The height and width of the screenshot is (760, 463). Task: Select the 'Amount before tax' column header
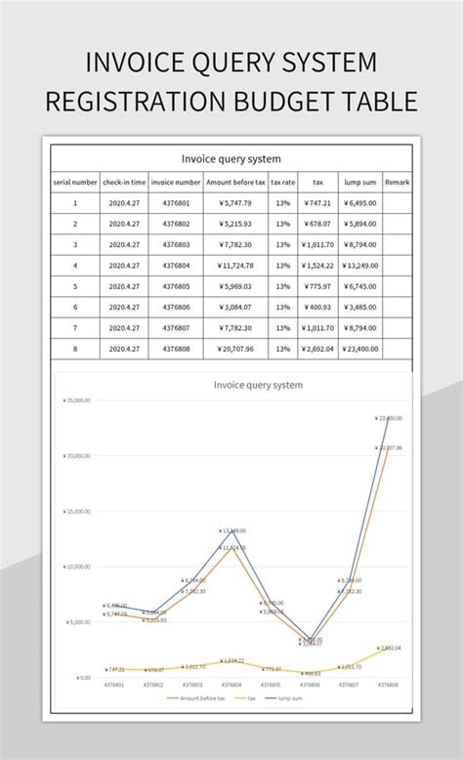[x=235, y=182]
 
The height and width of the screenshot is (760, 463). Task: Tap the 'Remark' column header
[x=398, y=182]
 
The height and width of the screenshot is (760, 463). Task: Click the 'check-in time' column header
[x=124, y=182]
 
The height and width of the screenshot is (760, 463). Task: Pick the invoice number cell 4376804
[x=176, y=265]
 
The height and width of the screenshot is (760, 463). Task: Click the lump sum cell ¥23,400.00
[x=360, y=348]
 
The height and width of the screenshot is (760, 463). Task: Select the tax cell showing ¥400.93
[x=317, y=307]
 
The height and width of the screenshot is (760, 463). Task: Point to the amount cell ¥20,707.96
[x=235, y=348]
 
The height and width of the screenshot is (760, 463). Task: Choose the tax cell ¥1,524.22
[x=317, y=265]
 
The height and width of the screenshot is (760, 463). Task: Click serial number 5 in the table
[x=75, y=286]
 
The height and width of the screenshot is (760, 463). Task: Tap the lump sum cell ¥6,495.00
[x=360, y=203]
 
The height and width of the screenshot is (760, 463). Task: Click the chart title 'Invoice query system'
[x=258, y=385]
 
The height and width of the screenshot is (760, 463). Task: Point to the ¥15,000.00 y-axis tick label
[x=77, y=511]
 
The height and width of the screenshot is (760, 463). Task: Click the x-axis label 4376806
[x=312, y=686]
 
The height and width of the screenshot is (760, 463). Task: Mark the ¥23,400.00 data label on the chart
[x=387, y=418]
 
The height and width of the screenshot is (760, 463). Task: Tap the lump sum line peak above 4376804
[x=228, y=530]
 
